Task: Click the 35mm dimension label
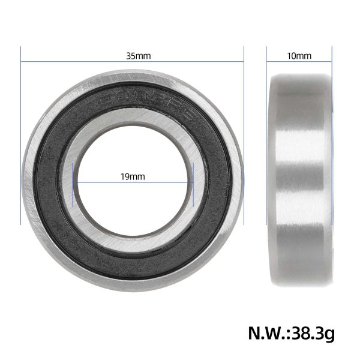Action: coord(138,56)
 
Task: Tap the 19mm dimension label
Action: coord(133,177)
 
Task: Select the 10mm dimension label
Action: coord(299,56)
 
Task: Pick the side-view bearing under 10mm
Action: coord(299,180)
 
